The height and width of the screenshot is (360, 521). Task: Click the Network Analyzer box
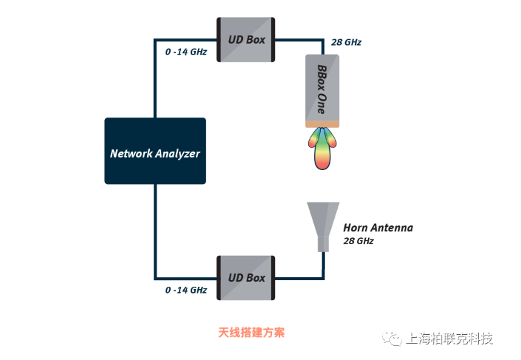155,151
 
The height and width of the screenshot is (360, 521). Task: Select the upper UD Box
246,40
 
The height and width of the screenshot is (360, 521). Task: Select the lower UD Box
246,278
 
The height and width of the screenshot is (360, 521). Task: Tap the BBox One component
322,91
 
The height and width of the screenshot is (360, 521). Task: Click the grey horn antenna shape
323,227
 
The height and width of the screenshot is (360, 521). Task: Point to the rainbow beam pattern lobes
322,149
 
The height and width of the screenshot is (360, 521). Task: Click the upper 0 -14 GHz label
186,52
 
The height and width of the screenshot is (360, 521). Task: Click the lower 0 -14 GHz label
186,291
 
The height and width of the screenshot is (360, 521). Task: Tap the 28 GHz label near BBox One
347,42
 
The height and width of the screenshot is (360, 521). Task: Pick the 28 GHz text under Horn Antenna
358,241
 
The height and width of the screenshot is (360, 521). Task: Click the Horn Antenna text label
378,228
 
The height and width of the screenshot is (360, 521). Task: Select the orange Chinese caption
251,333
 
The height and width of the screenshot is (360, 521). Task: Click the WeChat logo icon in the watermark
392,339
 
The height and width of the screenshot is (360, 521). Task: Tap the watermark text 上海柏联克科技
449,339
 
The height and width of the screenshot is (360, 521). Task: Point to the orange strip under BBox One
322,124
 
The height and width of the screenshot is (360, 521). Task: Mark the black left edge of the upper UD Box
219,40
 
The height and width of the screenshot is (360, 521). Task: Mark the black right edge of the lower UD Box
273,278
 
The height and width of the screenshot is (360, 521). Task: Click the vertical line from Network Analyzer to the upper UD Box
155,78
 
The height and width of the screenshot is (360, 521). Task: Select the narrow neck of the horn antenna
323,244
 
